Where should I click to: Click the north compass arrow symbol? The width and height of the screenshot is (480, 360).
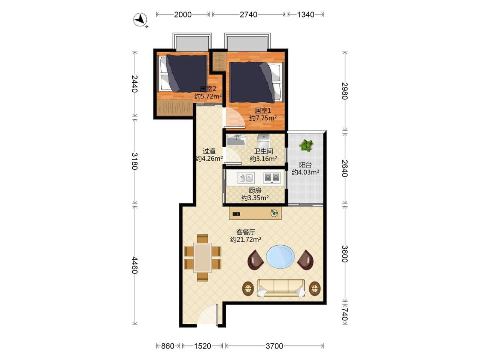click(140, 20)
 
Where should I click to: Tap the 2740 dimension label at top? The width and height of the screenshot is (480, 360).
click(248, 15)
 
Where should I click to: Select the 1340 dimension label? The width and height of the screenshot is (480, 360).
click(305, 15)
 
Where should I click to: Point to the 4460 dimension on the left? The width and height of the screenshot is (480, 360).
click(135, 265)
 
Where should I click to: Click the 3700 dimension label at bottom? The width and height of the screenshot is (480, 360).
click(274, 346)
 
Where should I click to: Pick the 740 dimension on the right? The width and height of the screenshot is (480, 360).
click(345, 314)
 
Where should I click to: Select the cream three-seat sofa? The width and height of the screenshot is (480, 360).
click(281, 288)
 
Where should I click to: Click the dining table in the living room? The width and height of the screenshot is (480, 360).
click(203, 257)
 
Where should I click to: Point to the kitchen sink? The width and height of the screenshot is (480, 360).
click(246, 177)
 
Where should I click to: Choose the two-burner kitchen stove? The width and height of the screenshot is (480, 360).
click(272, 177)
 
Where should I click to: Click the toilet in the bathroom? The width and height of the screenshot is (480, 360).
click(264, 140)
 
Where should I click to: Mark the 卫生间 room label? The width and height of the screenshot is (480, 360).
click(263, 151)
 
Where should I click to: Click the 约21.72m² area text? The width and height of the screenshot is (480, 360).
click(245, 240)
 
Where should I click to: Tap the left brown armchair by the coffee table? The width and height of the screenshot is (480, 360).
click(256, 260)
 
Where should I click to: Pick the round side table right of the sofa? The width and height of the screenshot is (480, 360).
click(315, 288)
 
